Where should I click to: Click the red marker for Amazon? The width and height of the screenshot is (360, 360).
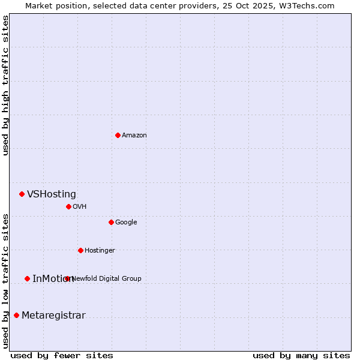click(118, 135)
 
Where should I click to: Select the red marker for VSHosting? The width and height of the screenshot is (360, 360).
click(22, 194)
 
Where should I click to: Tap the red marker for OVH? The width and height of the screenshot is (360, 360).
click(68, 206)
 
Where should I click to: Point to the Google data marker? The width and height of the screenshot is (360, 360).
click(111, 222)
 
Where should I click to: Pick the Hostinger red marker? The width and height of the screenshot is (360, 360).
click(80, 250)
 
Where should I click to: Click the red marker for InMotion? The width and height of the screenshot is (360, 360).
click(27, 278)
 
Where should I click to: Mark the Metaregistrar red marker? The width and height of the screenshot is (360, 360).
click(16, 315)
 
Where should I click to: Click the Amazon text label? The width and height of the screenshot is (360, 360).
click(134, 135)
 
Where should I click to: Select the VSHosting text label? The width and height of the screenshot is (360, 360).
click(52, 194)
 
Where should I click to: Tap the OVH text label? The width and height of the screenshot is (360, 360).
click(80, 206)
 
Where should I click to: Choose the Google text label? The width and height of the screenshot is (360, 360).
click(126, 222)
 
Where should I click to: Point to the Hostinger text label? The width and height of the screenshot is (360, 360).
click(100, 250)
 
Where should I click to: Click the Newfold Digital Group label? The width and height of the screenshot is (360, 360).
click(107, 278)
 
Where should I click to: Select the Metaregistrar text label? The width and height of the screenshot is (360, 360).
click(53, 316)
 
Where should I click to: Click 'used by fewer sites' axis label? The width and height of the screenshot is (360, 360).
click(62, 355)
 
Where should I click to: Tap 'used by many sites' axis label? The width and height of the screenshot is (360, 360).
click(301, 355)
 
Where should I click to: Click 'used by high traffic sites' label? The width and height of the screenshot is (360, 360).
click(5, 85)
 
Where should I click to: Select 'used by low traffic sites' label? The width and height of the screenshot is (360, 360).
click(5, 281)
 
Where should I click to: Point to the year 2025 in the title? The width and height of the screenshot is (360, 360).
click(262, 5)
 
